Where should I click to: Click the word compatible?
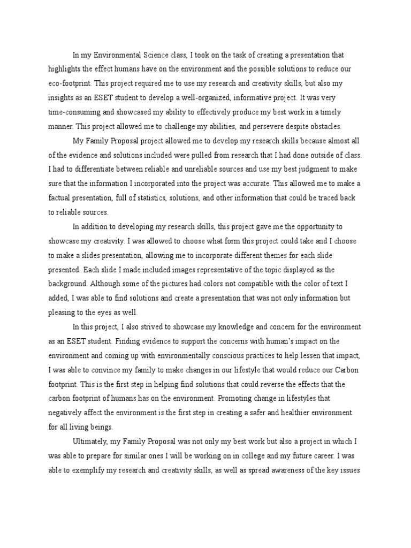coord(262,284)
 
